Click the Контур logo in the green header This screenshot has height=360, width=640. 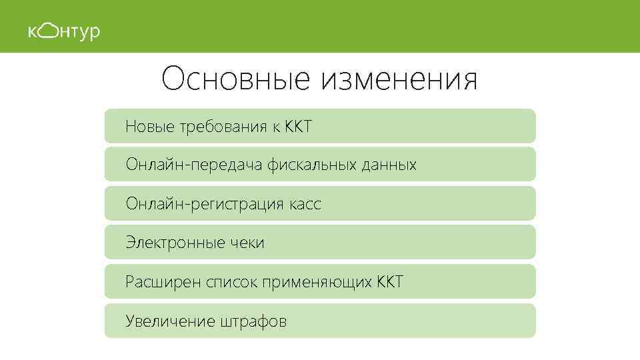pyautogui.click(x=64, y=31)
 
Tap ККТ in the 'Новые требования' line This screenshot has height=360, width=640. pyautogui.click(x=297, y=127)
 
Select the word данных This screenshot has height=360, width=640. pyautogui.click(x=389, y=165)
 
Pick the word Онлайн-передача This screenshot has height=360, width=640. pyautogui.click(x=194, y=165)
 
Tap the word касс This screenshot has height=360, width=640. pyautogui.click(x=305, y=204)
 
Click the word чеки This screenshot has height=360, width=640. pyautogui.click(x=247, y=243)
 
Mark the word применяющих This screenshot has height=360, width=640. pyautogui.click(x=317, y=283)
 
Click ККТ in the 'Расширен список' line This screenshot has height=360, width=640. pyautogui.click(x=390, y=282)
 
